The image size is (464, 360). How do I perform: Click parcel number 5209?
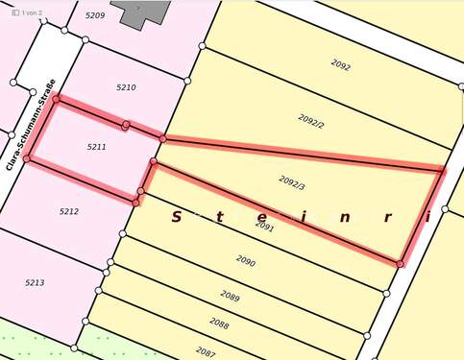pos(94,16)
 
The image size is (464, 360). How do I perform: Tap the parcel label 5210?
pos(126,87)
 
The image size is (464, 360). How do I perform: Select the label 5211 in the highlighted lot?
pos(96,147)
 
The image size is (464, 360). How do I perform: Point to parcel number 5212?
pos(68,211)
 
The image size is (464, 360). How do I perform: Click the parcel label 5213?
pos(35,282)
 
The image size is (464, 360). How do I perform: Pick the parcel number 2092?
pos(340,66)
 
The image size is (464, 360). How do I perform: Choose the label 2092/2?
pos(311,123)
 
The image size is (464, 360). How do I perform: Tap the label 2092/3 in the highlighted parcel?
pos(292,180)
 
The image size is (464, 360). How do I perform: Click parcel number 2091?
pos(265,228)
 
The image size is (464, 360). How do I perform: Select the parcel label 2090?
pos(245,260)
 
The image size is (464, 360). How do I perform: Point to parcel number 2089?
pos(230,295)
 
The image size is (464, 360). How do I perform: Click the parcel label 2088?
pos(219,324)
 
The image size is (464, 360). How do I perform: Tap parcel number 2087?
pos(205,352)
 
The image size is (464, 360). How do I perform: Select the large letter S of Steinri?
pos(176,217)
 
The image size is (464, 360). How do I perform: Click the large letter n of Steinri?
pos(343,217)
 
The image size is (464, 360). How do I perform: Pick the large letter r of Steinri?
pos(386,217)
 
